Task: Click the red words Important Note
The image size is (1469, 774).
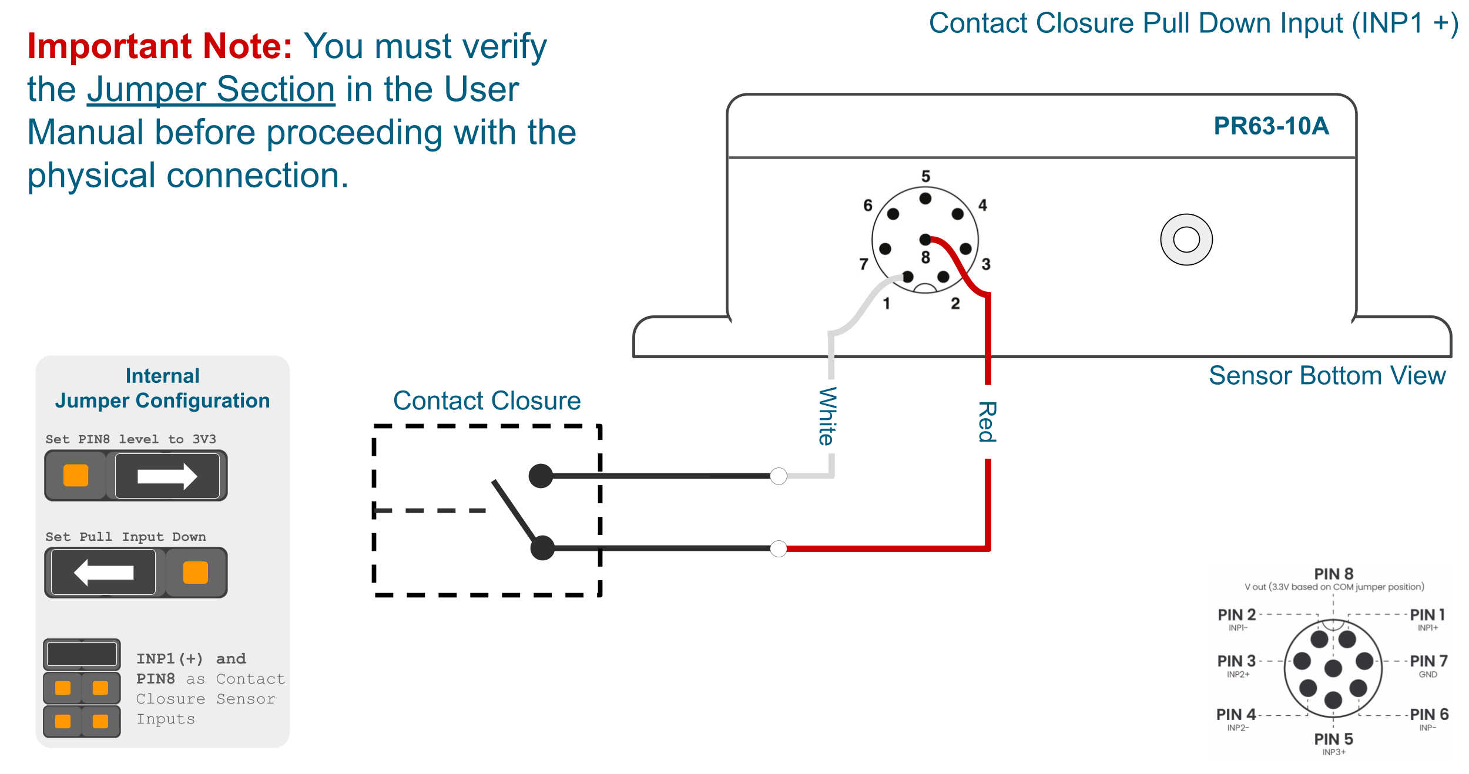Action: tap(159, 46)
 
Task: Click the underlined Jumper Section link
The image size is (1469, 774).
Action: tap(211, 89)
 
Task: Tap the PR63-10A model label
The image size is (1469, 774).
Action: tap(1271, 126)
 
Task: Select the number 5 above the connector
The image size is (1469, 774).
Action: tap(925, 176)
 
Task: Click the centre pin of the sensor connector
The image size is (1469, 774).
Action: tap(925, 240)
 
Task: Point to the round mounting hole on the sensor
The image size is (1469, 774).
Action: tap(1186, 240)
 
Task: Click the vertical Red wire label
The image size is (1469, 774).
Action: tap(987, 422)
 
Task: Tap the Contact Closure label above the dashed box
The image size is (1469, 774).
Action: tap(487, 401)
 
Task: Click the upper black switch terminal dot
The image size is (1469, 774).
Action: tap(541, 476)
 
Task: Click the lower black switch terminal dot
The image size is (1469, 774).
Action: tap(542, 548)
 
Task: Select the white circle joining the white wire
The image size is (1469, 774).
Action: tap(779, 476)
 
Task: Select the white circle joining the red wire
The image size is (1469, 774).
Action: tap(779, 548)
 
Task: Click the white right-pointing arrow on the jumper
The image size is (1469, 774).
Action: tap(167, 476)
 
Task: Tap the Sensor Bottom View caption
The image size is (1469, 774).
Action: tap(1327, 376)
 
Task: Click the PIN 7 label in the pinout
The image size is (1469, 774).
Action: tap(1428, 661)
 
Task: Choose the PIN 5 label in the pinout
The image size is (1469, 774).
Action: tap(1333, 739)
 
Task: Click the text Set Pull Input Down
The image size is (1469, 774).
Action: tap(126, 537)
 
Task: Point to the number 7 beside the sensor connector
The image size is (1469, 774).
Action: tap(863, 264)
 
